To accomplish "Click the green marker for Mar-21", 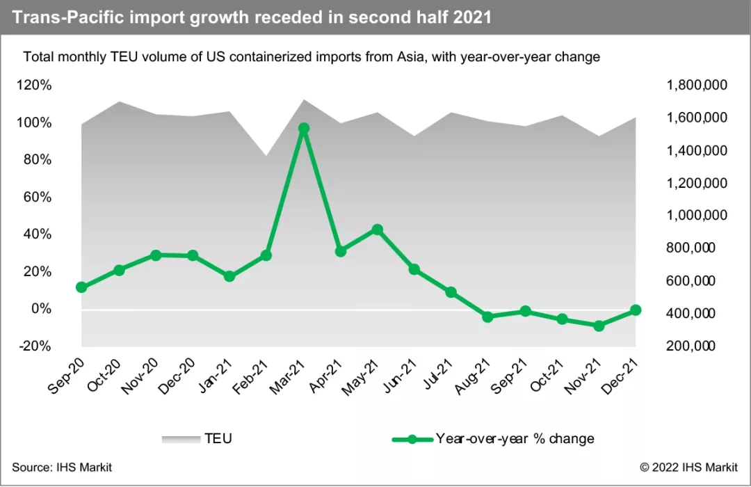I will (303, 128).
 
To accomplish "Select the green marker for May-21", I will (377, 230).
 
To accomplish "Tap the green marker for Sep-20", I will (81, 287).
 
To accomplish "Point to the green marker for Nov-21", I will (599, 325).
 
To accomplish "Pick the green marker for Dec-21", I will (636, 310).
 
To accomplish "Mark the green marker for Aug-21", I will (487, 317).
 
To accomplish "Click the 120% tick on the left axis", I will (35, 86).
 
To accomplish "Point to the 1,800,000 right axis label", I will (697, 86).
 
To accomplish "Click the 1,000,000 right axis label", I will (697, 216).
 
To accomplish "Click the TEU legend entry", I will (218, 438).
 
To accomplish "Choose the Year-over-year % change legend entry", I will (515, 438).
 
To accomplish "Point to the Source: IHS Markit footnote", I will (62, 467).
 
